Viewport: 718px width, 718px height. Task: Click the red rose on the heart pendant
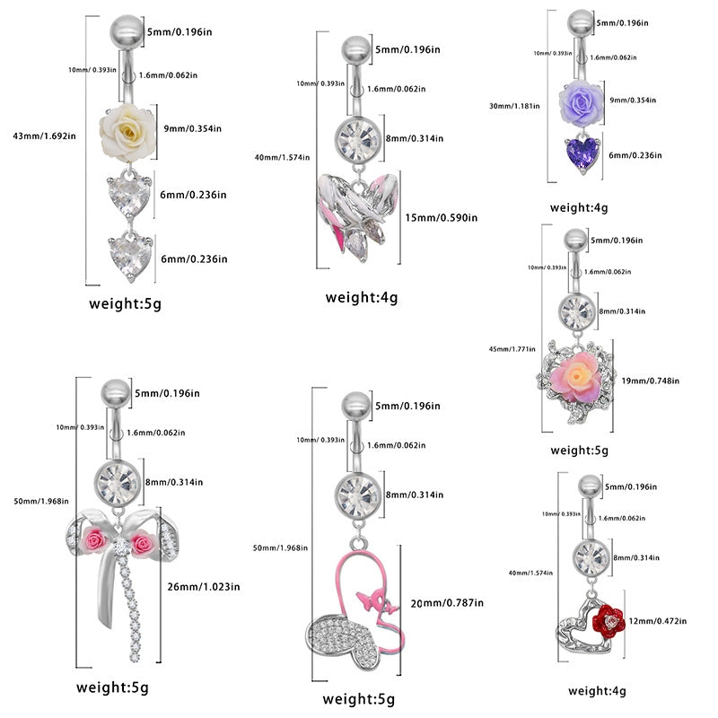click(611, 617)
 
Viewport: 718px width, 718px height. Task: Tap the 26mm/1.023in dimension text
click(204, 587)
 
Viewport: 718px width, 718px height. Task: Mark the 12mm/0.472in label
click(657, 620)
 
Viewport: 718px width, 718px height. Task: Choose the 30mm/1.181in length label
click(515, 105)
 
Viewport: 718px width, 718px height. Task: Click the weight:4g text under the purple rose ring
click(578, 207)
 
